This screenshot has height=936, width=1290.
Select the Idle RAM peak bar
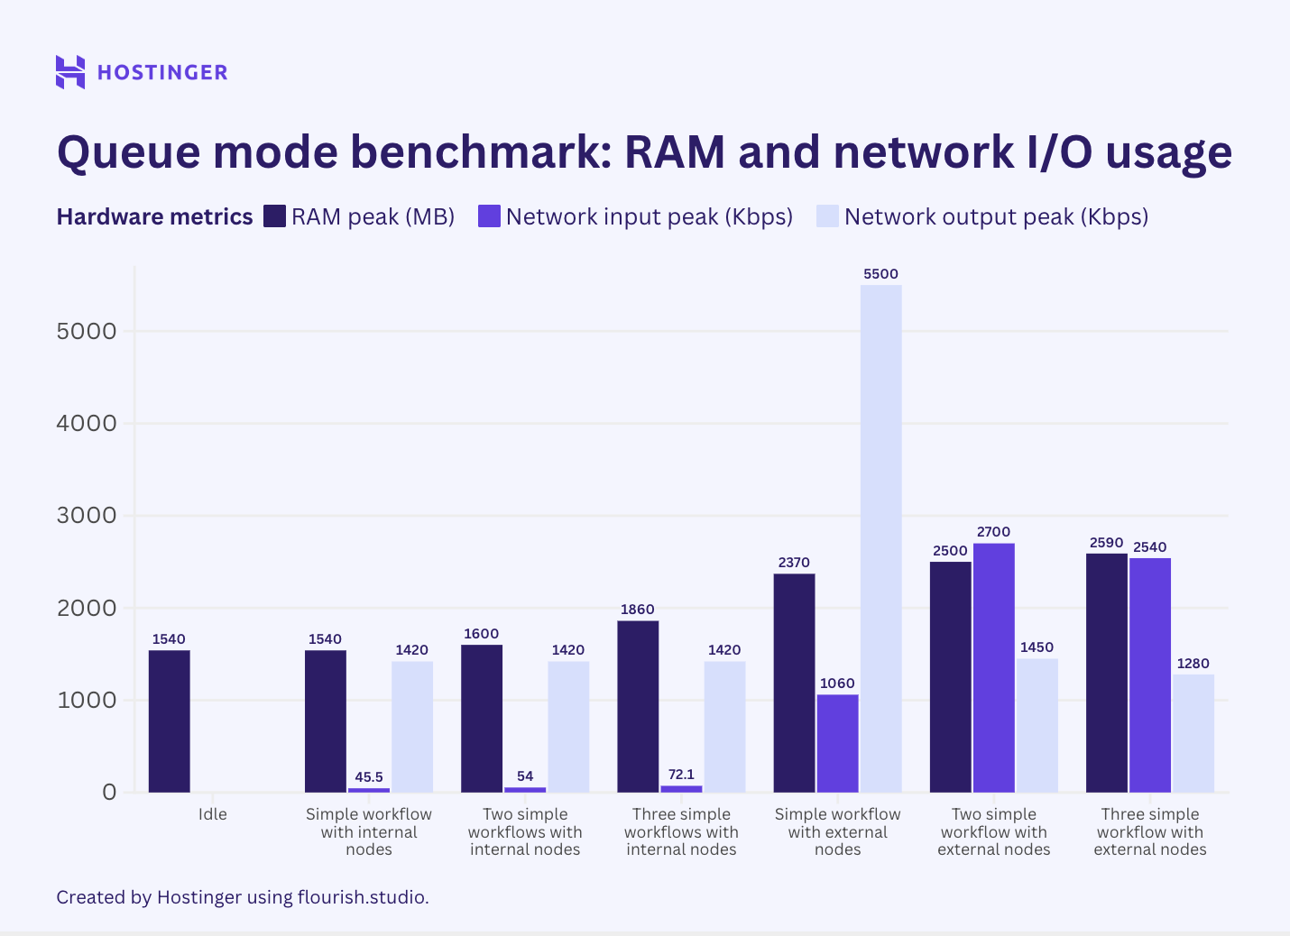[x=170, y=721]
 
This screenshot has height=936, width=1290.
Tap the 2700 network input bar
[x=993, y=667]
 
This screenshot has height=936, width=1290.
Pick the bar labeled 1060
[x=837, y=743]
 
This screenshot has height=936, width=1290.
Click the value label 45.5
[x=369, y=777]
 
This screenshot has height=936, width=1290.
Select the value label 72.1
[x=681, y=775]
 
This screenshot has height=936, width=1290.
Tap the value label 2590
[x=1106, y=543]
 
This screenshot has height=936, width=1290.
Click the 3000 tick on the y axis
[x=87, y=516]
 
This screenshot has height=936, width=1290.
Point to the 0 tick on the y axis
[x=109, y=793]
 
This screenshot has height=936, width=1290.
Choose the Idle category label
[x=213, y=814]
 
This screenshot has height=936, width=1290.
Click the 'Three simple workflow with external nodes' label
[x=1150, y=831]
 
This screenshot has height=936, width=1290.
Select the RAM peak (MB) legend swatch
[x=275, y=216]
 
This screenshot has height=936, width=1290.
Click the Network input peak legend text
[x=649, y=216]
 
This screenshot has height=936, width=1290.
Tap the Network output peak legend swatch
[x=827, y=216]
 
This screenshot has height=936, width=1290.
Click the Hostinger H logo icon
[x=70, y=72]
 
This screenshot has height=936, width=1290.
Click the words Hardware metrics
[x=154, y=216]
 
